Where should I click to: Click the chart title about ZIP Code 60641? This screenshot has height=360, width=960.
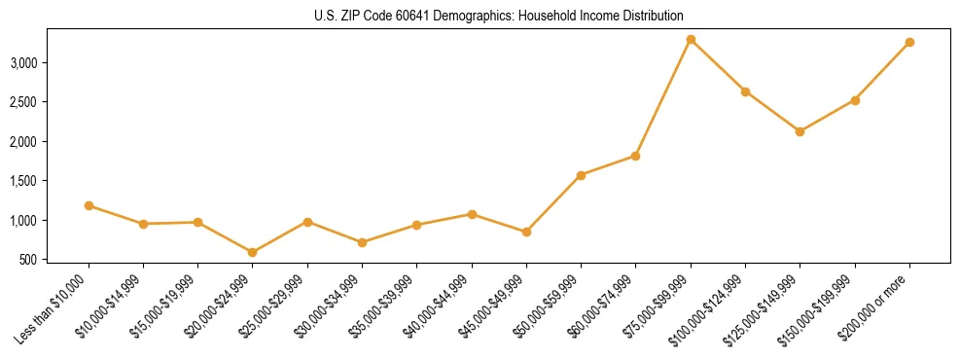point(499,17)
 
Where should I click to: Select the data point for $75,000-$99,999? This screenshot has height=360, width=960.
point(691,40)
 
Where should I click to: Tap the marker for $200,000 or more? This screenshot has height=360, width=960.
point(909,43)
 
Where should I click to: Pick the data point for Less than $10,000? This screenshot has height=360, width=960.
point(89,205)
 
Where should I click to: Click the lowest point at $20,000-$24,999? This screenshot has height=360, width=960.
point(253,252)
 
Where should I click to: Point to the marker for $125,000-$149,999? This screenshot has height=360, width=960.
point(800,131)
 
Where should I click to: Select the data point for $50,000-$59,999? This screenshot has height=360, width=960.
point(581,175)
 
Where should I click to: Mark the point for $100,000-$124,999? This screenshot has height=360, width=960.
point(745,91)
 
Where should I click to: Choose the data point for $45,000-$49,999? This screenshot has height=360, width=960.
point(526,232)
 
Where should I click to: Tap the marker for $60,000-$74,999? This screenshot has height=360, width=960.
point(635,156)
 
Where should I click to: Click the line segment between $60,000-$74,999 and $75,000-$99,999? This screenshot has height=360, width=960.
point(663,97)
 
